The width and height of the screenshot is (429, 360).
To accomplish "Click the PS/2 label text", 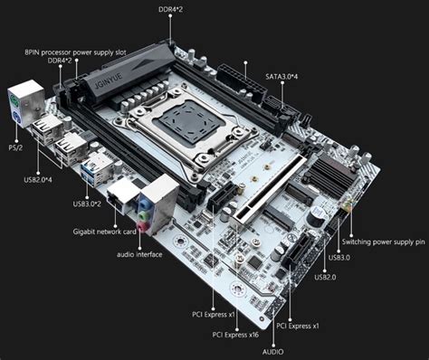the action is pos(15,147).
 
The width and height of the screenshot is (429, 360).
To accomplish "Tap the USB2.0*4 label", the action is pos(38,180).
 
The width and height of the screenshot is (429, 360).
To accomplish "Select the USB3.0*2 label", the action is pos(87,204).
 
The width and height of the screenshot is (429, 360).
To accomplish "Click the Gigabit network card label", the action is pos(104,232).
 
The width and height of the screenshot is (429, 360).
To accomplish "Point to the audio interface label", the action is pos(139,254).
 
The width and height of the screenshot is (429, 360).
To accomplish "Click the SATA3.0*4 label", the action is pos(281,77).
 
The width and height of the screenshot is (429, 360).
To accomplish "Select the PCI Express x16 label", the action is pos(235,335).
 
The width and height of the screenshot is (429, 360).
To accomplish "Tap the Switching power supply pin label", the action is pos(384,242).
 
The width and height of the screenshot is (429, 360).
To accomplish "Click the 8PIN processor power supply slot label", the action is pos(75,52).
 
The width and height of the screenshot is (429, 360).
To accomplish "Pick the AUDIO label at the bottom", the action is pos(272,352).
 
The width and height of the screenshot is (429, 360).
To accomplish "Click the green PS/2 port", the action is pos(14,99).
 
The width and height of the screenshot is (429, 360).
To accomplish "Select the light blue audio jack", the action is pos(144,204).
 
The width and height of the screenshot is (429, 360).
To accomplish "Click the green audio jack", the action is pos(143,215).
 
